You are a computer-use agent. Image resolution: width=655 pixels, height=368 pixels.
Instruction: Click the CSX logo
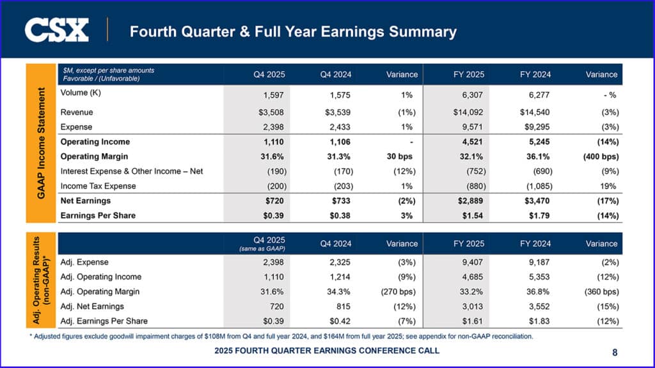[x=56, y=31]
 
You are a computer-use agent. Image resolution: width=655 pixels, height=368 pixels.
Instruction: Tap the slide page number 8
[x=615, y=351]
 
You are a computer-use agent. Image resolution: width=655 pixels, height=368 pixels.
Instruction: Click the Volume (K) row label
[x=81, y=93]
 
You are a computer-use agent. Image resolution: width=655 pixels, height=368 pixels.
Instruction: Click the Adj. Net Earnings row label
[x=93, y=306]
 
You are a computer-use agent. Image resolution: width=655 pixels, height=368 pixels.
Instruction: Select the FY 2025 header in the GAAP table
[x=468, y=74]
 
